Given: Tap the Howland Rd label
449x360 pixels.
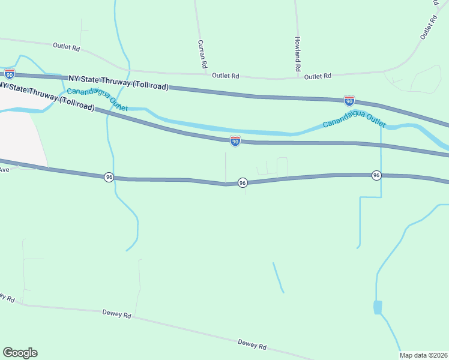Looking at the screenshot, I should (297, 54).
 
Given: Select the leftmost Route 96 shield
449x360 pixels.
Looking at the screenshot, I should (109, 177).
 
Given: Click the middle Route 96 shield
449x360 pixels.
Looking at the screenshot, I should (243, 182).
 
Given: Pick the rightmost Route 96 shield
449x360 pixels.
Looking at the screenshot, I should (376, 175).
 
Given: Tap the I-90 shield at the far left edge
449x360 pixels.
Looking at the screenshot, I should (9, 74).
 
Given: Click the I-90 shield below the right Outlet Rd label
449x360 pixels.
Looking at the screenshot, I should (349, 100).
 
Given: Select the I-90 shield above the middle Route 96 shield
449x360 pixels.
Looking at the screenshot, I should (235, 141).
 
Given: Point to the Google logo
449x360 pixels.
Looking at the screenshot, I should (20, 353).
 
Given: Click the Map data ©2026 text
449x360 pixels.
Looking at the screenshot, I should (423, 355).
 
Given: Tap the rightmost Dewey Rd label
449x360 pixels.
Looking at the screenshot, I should (252, 344).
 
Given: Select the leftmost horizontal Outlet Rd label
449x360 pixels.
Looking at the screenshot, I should (66, 47).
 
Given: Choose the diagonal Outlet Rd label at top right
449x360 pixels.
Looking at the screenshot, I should (427, 28).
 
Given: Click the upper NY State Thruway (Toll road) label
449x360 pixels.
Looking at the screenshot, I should (118, 82).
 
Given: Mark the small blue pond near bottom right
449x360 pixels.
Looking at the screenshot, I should (377, 307).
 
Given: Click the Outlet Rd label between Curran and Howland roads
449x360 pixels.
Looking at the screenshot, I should (226, 76).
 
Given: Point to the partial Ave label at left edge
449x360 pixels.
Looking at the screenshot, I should (5, 170).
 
